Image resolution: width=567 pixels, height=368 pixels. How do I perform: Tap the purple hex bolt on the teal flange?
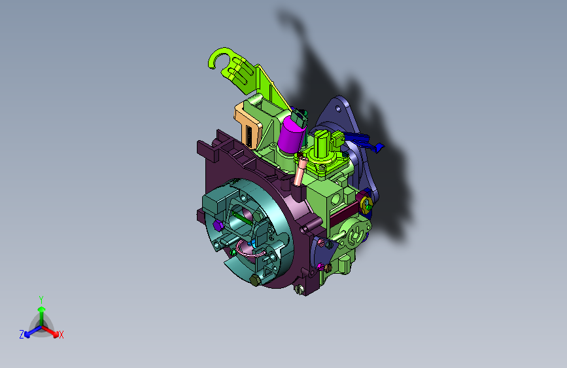(217, 225)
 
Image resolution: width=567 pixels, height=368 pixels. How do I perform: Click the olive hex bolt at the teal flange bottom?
(255, 280)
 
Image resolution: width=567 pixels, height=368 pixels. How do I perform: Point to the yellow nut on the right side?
(366, 203)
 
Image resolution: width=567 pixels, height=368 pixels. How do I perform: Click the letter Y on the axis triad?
(41, 299)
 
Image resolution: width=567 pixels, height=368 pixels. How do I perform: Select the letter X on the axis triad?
(61, 335)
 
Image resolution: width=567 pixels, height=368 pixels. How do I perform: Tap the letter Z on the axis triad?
(22, 335)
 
